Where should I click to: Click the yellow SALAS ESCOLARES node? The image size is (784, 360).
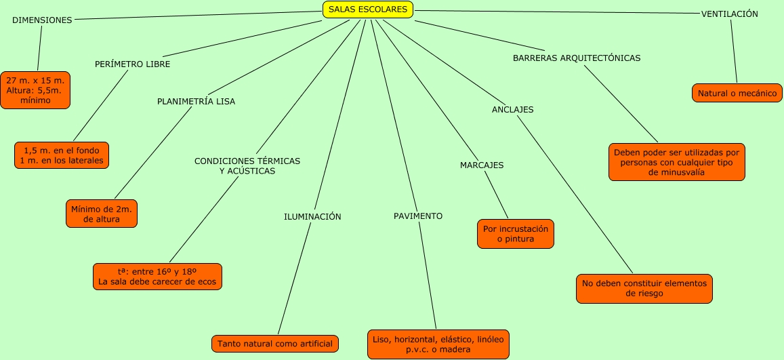(x=368, y=9)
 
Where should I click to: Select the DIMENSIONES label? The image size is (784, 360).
(x=42, y=20)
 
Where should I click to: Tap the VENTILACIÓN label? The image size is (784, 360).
(x=729, y=14)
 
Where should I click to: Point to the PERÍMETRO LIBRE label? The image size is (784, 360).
(x=132, y=64)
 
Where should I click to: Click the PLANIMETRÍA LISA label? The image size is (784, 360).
(x=196, y=102)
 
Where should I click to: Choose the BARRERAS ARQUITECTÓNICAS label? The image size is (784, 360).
(x=577, y=58)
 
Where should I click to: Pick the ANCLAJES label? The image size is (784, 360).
(x=512, y=110)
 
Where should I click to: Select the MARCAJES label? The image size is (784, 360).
(x=482, y=165)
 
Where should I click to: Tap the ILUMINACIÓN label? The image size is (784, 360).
(x=312, y=217)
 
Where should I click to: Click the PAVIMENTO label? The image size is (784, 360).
(x=418, y=216)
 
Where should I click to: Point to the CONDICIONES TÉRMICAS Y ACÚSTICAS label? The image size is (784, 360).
(x=247, y=166)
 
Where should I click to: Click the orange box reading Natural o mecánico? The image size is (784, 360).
(x=737, y=93)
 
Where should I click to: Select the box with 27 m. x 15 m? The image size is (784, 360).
(x=35, y=90)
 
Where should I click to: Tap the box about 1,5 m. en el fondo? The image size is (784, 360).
(x=62, y=155)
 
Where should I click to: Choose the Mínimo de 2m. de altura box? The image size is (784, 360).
(x=102, y=214)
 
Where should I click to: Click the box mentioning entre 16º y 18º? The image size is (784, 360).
(x=157, y=277)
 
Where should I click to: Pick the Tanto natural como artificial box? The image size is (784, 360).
(x=275, y=344)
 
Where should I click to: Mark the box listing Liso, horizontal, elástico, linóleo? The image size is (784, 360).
(x=438, y=344)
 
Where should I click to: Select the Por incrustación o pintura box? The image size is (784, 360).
(x=516, y=234)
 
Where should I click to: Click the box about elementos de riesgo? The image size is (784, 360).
(x=644, y=289)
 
